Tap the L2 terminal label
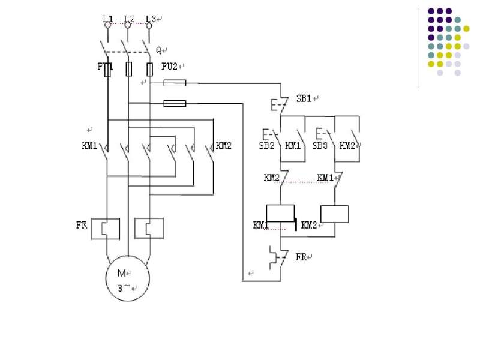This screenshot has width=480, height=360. point(128,19)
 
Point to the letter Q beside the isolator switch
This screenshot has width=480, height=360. point(159,50)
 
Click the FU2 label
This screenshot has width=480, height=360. point(170,67)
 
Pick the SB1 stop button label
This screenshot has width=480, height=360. point(304,98)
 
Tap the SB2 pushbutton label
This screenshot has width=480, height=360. point(267,145)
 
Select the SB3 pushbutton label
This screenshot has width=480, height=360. point(320,145)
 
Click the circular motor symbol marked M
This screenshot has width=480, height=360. point(127,278)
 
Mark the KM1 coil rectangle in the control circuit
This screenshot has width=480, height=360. point(280,213)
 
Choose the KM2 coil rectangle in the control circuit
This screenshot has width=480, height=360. point(334,214)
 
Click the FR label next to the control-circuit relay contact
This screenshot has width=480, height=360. point(302,257)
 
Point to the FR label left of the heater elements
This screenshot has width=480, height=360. point(82,226)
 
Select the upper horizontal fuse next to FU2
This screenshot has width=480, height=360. point(175,83)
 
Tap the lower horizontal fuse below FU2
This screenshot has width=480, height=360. point(175,103)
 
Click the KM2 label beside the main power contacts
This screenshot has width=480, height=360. point(223,145)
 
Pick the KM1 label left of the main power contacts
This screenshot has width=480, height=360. point(89,145)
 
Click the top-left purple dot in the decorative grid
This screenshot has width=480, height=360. point(431,11)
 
